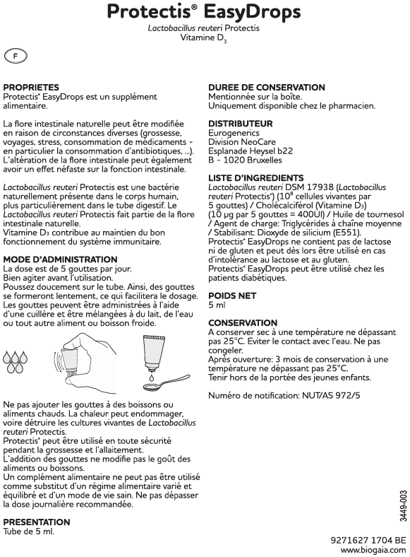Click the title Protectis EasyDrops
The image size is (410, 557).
click(203, 12)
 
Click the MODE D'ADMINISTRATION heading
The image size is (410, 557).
click(60, 259)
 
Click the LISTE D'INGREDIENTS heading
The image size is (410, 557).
click(255, 177)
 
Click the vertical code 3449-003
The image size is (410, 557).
click(403, 505)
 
